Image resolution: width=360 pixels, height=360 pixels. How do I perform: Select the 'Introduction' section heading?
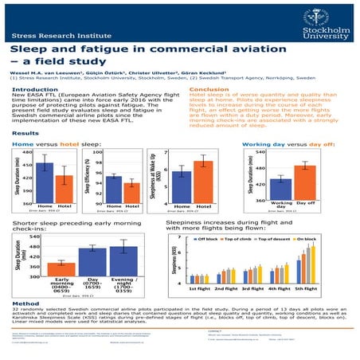pyautogui.click(x=33, y=90)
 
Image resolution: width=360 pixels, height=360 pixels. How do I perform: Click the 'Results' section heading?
pyautogui.click(x=25, y=133)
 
